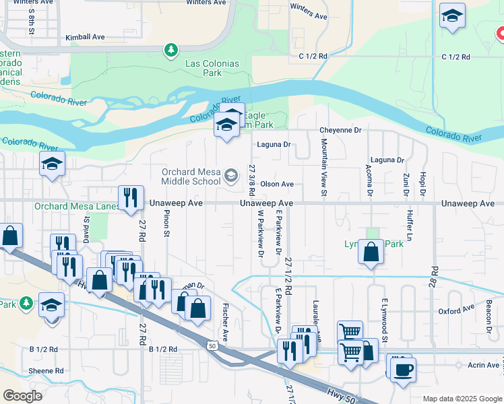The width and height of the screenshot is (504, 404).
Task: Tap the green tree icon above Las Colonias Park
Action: tap(172, 49)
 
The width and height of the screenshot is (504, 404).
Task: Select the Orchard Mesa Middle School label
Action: tap(191, 176)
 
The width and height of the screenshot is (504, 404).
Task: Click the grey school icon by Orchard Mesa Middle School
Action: tap(231, 176)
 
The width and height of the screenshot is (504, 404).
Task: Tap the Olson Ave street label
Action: tap(277, 184)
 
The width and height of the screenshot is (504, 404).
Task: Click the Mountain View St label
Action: tap(324, 168)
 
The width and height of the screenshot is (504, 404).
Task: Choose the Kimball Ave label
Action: tap(86, 37)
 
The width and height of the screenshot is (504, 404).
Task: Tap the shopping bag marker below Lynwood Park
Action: tap(371, 252)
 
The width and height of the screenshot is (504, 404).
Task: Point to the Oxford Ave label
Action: tap(456, 310)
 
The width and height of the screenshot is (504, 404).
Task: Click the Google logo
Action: tap(22, 396)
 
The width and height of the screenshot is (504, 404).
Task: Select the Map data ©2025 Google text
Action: tap(462, 399)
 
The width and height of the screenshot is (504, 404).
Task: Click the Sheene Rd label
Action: tap(46, 371)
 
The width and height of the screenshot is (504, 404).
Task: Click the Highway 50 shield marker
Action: tap(213, 346)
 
